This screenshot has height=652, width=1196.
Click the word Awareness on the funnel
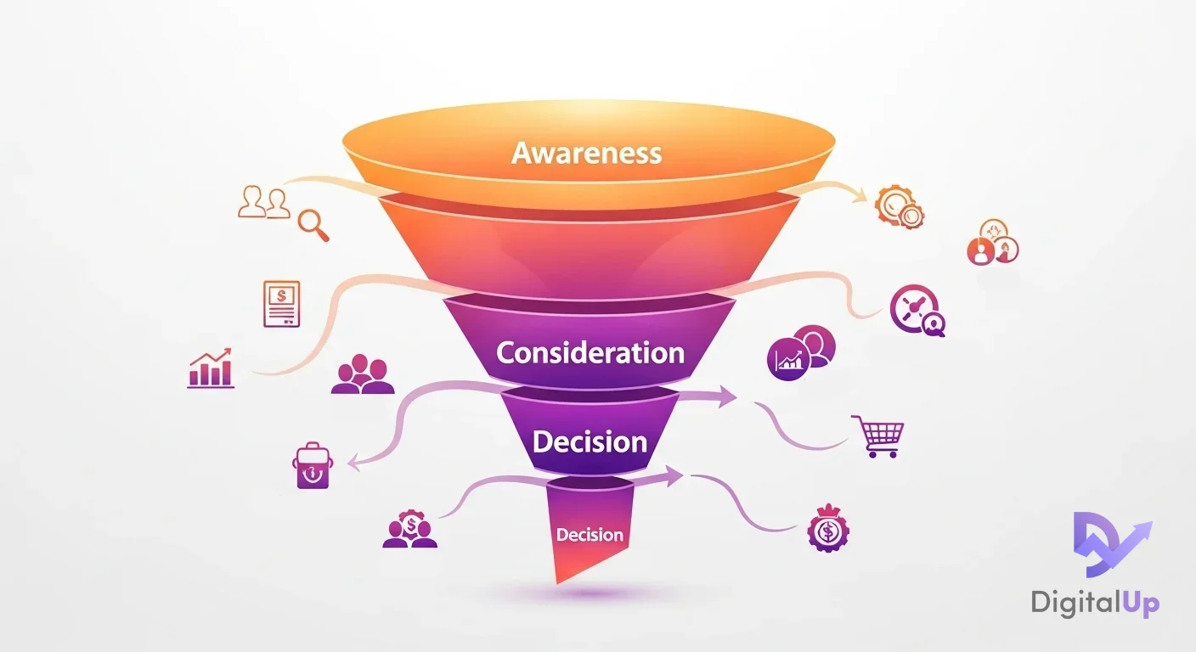point(586,153)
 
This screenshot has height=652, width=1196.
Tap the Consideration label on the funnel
point(590,352)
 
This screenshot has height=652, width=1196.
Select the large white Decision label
point(590,441)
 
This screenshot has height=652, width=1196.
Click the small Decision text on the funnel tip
point(590,535)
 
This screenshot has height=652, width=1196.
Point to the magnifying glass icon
point(313,225)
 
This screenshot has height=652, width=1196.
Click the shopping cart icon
point(877,436)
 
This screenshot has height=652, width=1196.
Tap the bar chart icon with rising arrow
point(211,368)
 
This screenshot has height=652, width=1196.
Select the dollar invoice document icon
point(281,304)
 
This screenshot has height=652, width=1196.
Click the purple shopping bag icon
point(313,465)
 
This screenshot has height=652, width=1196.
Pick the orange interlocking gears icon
point(900,206)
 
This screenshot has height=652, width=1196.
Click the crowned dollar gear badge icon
point(828,528)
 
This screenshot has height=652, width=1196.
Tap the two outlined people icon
point(264,202)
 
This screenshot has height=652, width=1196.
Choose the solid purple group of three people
point(363,374)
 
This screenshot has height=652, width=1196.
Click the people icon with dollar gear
point(410,529)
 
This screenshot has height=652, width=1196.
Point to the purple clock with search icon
point(917,311)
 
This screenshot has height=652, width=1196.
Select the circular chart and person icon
point(801,352)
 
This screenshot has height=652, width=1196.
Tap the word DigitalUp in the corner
point(1095,603)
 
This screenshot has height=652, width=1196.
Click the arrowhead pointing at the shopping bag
point(354,464)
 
